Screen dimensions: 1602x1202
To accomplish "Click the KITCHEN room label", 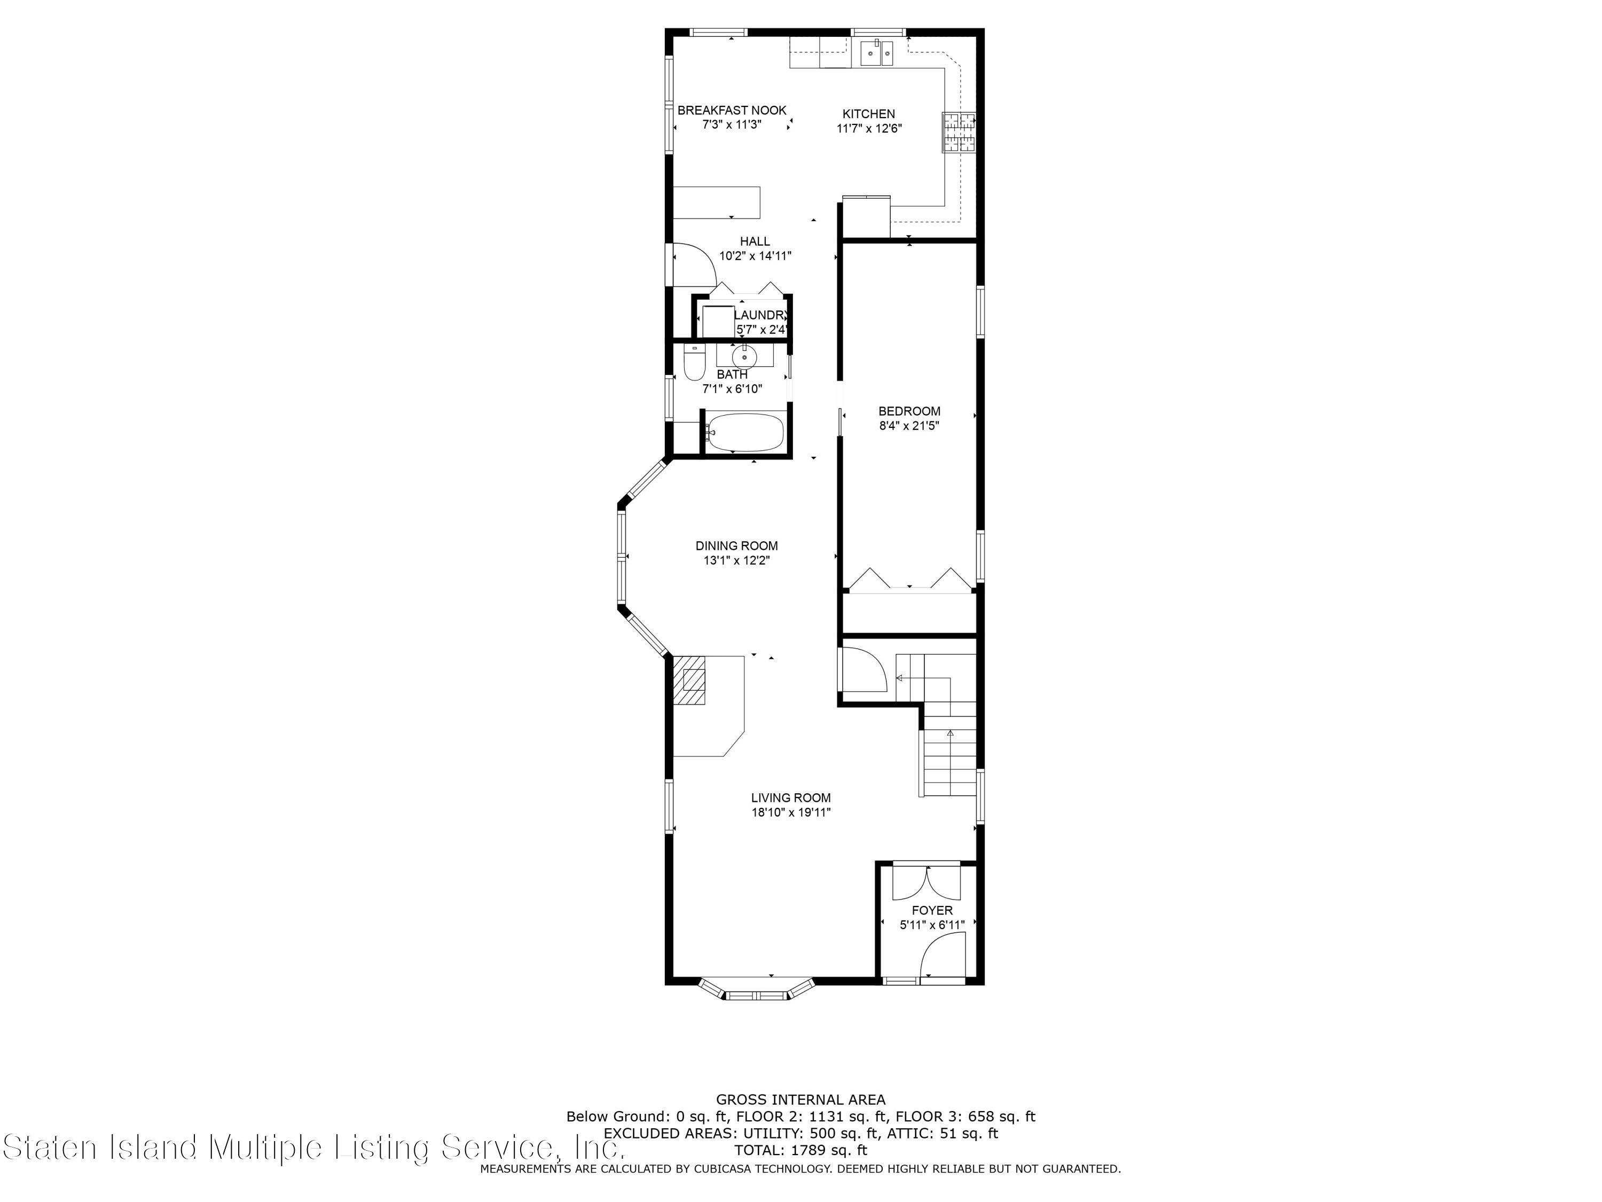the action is [868, 114].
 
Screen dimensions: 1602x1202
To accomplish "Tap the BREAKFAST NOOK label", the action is [732, 110].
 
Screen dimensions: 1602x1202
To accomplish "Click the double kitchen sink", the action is [877, 52].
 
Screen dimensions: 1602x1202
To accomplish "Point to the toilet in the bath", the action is [694, 362].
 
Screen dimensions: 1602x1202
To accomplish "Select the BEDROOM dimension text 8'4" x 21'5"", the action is [909, 426].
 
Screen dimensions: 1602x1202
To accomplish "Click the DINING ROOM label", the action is [736, 545].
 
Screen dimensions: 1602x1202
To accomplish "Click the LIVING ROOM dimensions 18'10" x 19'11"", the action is [791, 812].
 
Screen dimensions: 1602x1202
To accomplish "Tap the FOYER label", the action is [932, 910].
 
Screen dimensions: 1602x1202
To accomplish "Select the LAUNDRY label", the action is [760, 315].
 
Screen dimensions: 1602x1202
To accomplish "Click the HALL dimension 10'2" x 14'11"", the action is [756, 256].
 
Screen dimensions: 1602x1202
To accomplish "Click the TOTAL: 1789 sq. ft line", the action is [800, 1150].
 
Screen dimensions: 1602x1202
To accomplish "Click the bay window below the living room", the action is [756, 990].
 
